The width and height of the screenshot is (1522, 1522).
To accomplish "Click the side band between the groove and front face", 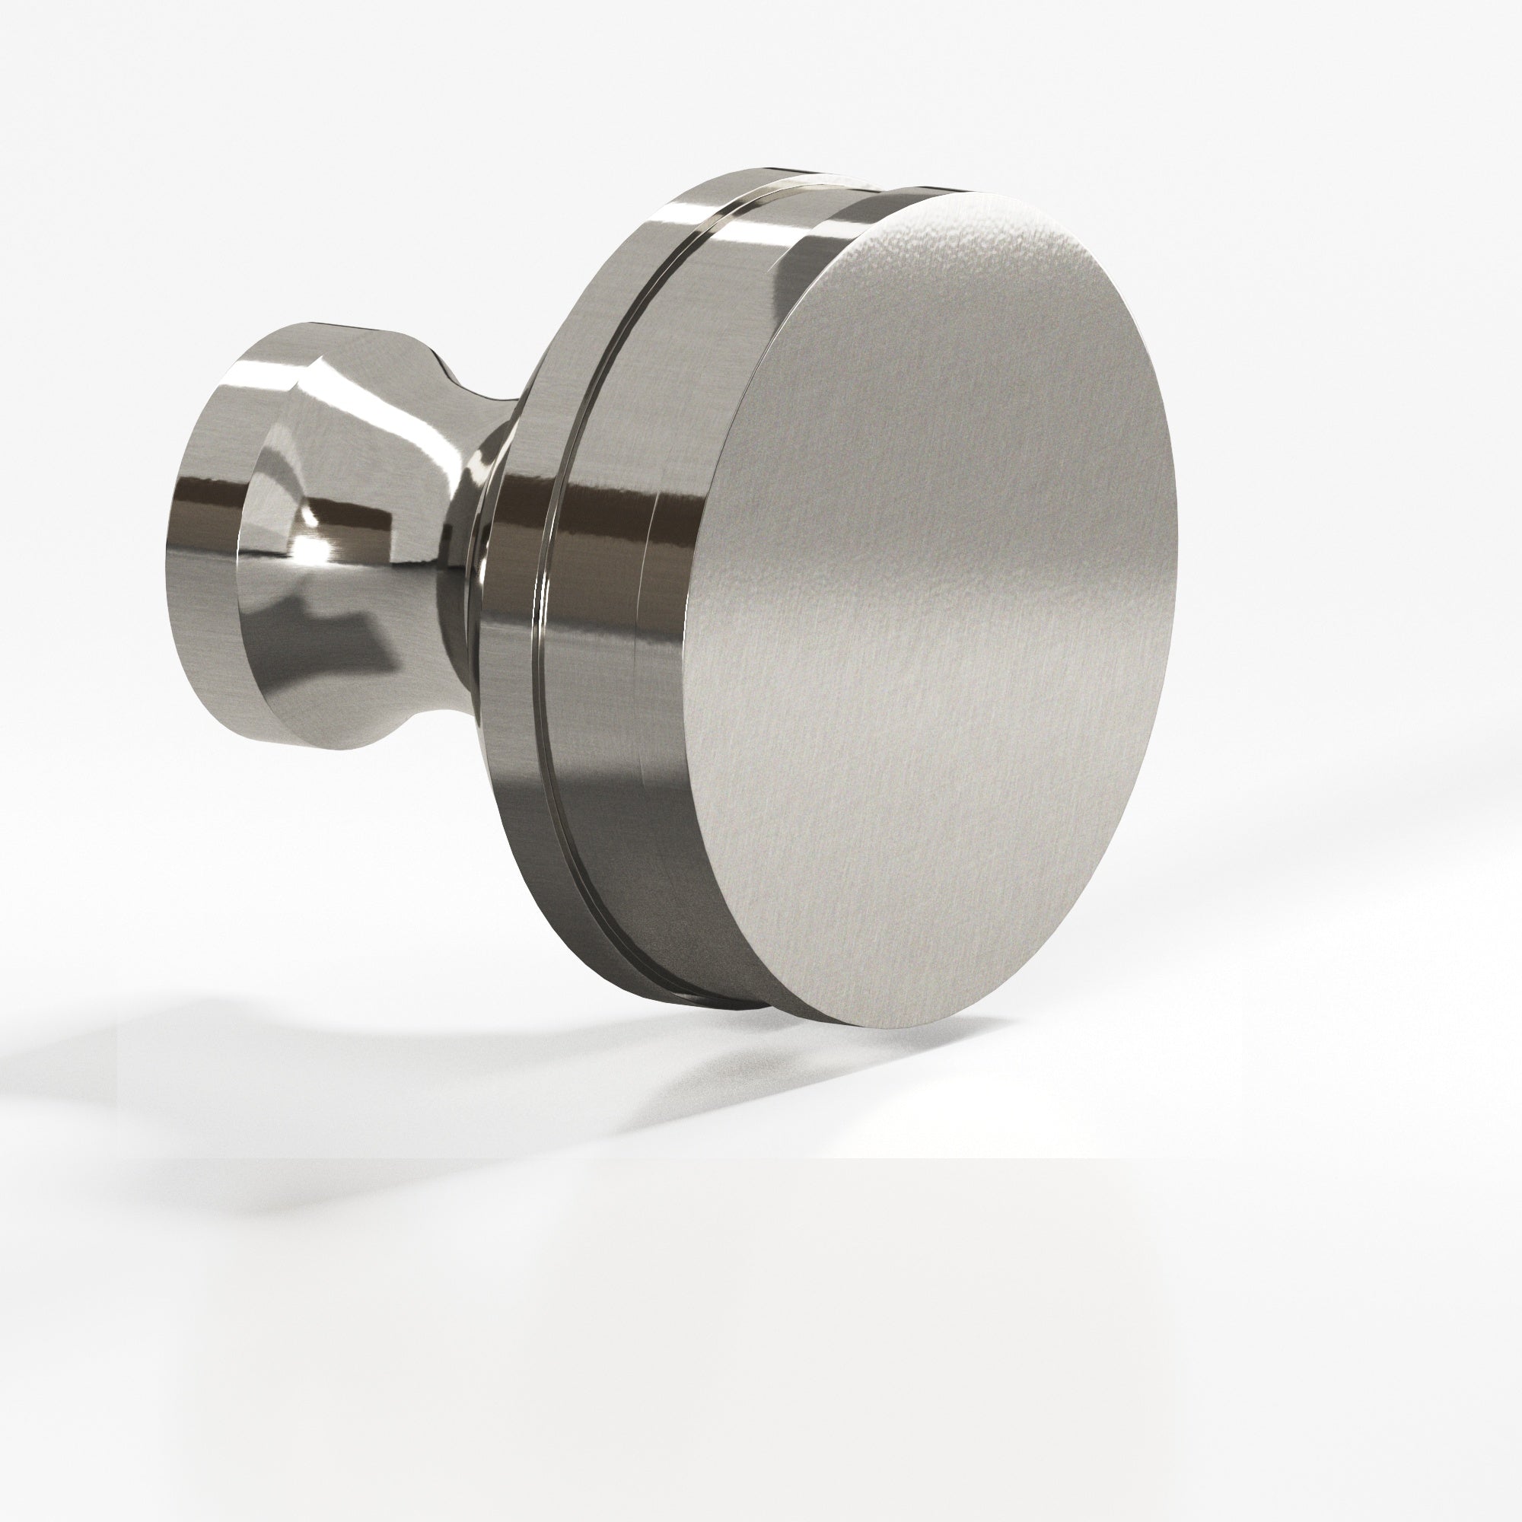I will coord(654,630).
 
